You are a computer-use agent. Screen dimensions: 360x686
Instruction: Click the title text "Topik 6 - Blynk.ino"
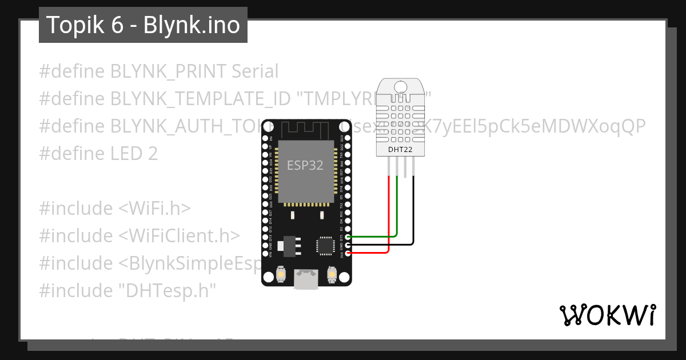(x=143, y=25)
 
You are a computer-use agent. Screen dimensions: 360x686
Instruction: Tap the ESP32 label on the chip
(x=305, y=166)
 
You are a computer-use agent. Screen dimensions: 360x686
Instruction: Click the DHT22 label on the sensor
(x=399, y=149)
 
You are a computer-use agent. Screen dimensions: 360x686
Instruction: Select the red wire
(x=389, y=217)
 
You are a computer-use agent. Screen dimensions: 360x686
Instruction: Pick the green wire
(x=397, y=211)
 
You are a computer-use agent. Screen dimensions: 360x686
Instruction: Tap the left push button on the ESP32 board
(x=281, y=275)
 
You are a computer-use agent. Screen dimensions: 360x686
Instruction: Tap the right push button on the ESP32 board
(x=332, y=275)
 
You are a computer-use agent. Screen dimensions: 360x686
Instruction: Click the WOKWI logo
(x=607, y=315)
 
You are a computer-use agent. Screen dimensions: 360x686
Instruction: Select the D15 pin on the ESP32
(x=347, y=237)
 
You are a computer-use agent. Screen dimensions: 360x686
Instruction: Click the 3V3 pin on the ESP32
(x=347, y=253)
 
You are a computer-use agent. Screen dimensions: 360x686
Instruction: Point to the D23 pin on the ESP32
(x=347, y=138)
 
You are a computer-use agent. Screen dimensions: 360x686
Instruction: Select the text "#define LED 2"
(x=98, y=154)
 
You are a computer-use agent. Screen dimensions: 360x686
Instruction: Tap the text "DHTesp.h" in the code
(x=167, y=291)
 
